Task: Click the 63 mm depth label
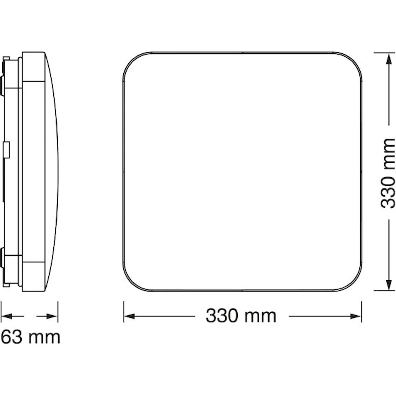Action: click(31, 337)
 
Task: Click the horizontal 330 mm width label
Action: click(241, 316)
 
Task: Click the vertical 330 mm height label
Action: click(388, 173)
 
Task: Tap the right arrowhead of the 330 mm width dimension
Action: click(356, 316)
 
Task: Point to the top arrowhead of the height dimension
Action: click(388, 59)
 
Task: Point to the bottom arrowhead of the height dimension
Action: click(388, 285)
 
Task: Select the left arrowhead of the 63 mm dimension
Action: click(7, 316)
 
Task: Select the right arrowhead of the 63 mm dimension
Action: click(52, 316)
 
